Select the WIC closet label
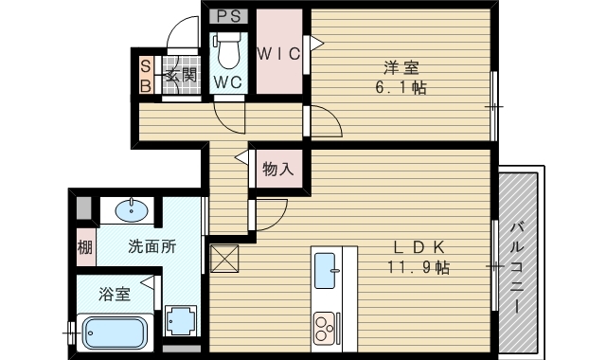coord(279,53)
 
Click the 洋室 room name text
coord(401,67)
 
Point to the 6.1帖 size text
coord(401,87)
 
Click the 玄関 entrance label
coord(180,75)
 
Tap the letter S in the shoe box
coord(146,65)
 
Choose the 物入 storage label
coord(278,171)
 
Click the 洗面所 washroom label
coord(151,247)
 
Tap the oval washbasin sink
coord(134,208)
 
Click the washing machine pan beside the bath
coord(180,320)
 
